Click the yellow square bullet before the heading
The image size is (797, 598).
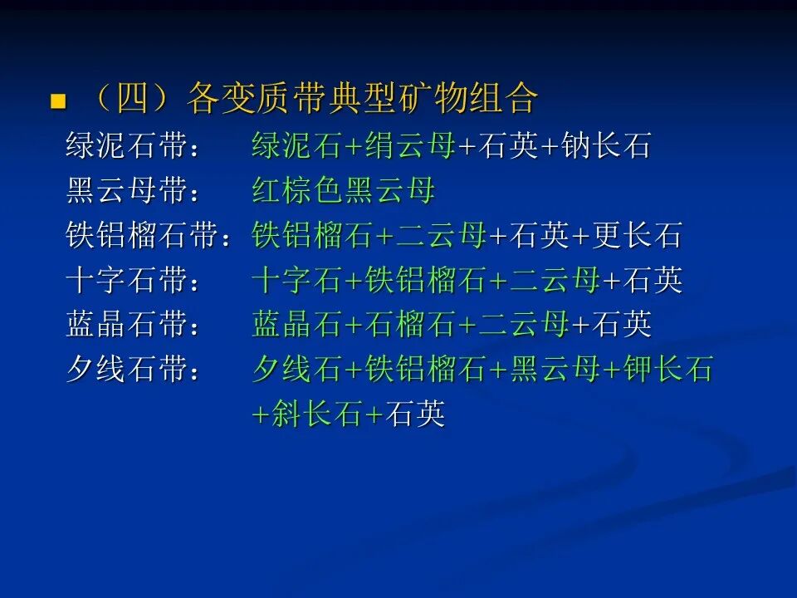pos(58,100)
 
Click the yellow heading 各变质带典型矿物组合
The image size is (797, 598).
pos(362,97)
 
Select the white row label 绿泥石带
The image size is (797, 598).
pos(126,145)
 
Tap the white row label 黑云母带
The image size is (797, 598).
pos(126,190)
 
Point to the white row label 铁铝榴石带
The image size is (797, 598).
pos(142,235)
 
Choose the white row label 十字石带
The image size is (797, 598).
pos(126,280)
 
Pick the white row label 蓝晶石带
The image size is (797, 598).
pos(126,325)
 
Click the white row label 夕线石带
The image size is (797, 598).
pos(126,369)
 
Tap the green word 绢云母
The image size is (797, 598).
pos(409,145)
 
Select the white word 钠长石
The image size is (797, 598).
pos(606,145)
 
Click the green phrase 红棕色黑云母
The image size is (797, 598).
pos(344,190)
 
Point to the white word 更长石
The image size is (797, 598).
pos(637,235)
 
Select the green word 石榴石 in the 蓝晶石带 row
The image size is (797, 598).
pos(409,325)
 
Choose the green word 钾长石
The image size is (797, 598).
pos(667,369)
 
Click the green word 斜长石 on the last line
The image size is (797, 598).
pos(316,414)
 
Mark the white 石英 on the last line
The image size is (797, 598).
pos(415,414)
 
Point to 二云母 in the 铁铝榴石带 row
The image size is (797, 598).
pos(441,235)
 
